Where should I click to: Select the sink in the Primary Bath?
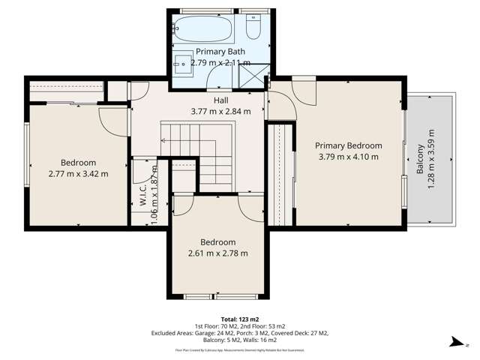point(183,61)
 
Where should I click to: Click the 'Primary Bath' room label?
point(216,52)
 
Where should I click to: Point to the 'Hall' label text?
point(220,100)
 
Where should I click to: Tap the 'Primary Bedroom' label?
point(348,145)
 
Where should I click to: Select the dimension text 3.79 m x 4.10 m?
point(348,157)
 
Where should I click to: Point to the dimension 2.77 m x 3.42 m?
point(78,174)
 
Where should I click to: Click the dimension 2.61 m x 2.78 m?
point(217,253)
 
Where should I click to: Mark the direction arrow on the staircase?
point(163,140)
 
